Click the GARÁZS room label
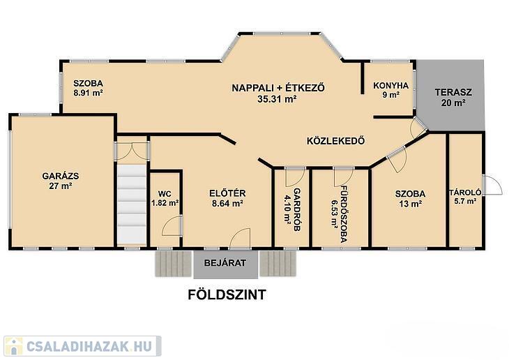pos(61,176)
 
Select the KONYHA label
pos(390,86)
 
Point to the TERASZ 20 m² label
pos(453,98)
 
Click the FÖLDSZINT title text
pos(227,294)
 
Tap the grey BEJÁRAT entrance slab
pos(226,264)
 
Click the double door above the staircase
pos(132,151)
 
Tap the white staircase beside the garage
pos(132,204)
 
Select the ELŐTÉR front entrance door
pos(241,239)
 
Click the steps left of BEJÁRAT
pos(174,264)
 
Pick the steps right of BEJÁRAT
pos(278,264)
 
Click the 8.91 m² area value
pos(88,93)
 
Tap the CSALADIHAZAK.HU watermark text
pos(89,346)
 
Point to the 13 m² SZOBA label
pos(410,199)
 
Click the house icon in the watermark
pos(14,346)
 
